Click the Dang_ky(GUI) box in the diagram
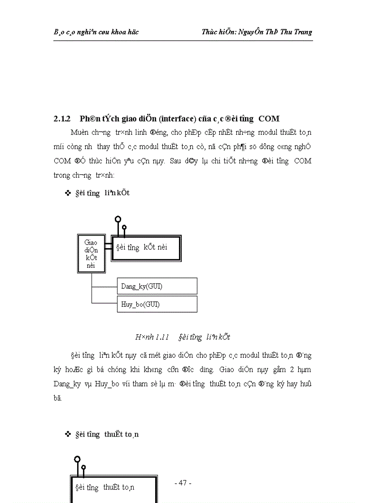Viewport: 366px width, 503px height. point(157,286)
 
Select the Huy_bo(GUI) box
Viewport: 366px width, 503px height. point(157,304)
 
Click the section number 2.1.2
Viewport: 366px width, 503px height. point(62,119)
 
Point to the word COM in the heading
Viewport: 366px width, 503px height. point(269,119)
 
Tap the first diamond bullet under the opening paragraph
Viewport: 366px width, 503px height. point(68,193)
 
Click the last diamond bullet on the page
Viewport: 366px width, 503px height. point(68,434)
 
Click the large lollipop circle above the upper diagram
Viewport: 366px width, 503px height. point(118,219)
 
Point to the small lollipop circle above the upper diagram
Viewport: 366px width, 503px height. point(124,227)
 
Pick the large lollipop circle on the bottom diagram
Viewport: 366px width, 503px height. point(77,460)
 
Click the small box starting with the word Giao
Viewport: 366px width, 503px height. point(92,254)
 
